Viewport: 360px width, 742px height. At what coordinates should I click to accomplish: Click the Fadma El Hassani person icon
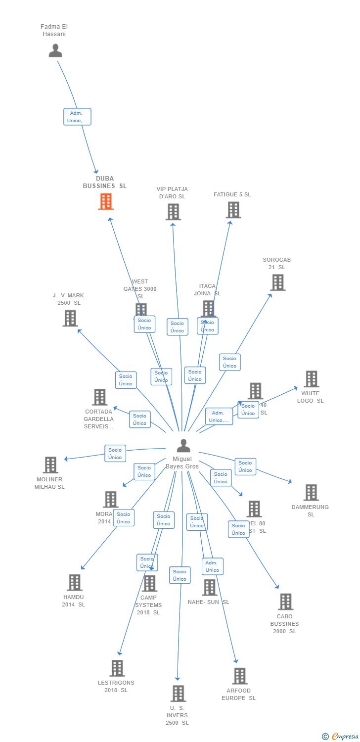click(55, 50)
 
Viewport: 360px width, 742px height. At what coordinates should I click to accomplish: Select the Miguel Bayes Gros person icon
click(183, 446)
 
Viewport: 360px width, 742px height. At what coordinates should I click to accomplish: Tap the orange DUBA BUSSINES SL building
click(106, 201)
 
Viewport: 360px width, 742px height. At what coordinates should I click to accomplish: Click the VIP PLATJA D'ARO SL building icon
click(173, 212)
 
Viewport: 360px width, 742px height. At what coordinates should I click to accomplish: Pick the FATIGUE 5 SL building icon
click(233, 210)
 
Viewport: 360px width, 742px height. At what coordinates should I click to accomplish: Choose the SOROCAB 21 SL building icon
click(277, 282)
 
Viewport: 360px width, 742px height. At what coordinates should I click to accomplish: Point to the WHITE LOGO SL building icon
click(311, 379)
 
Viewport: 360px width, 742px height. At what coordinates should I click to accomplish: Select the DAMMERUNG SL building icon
click(311, 493)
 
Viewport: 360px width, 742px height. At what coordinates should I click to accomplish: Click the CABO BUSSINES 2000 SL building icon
click(285, 602)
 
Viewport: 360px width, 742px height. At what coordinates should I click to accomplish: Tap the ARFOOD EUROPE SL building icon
click(239, 676)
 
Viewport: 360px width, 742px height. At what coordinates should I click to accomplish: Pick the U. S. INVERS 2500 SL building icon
click(178, 694)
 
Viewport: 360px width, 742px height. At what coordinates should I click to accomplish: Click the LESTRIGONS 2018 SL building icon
click(117, 668)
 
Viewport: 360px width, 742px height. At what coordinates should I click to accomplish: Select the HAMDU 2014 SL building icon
click(74, 583)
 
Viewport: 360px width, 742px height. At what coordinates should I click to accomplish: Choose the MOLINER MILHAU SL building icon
click(50, 465)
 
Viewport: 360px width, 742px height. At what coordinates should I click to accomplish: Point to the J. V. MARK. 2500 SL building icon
click(70, 318)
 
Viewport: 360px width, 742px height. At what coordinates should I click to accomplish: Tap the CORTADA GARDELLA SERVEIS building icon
click(99, 397)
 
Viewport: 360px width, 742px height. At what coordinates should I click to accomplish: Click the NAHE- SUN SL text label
click(208, 602)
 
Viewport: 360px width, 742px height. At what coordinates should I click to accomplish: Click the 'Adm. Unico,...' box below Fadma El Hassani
click(77, 117)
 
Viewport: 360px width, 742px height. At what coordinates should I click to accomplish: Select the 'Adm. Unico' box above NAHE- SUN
click(212, 566)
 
